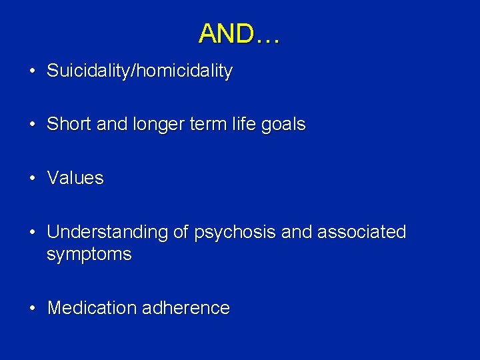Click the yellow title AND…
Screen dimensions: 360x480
pyautogui.click(x=239, y=33)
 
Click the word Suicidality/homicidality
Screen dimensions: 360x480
pyautogui.click(x=139, y=71)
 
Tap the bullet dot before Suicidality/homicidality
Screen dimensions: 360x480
pyautogui.click(x=31, y=71)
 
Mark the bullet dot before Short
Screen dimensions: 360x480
pyautogui.click(x=31, y=125)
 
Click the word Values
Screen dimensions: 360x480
pyautogui.click(x=75, y=178)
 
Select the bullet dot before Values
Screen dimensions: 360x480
pyautogui.click(x=31, y=178)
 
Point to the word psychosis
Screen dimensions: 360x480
pyautogui.click(x=235, y=233)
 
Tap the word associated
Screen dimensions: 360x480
pyautogui.click(x=361, y=232)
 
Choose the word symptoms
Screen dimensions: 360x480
pyautogui.click(x=89, y=255)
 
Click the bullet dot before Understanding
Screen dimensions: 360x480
pyautogui.click(x=31, y=232)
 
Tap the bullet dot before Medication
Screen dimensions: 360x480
pyautogui.click(x=31, y=308)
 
